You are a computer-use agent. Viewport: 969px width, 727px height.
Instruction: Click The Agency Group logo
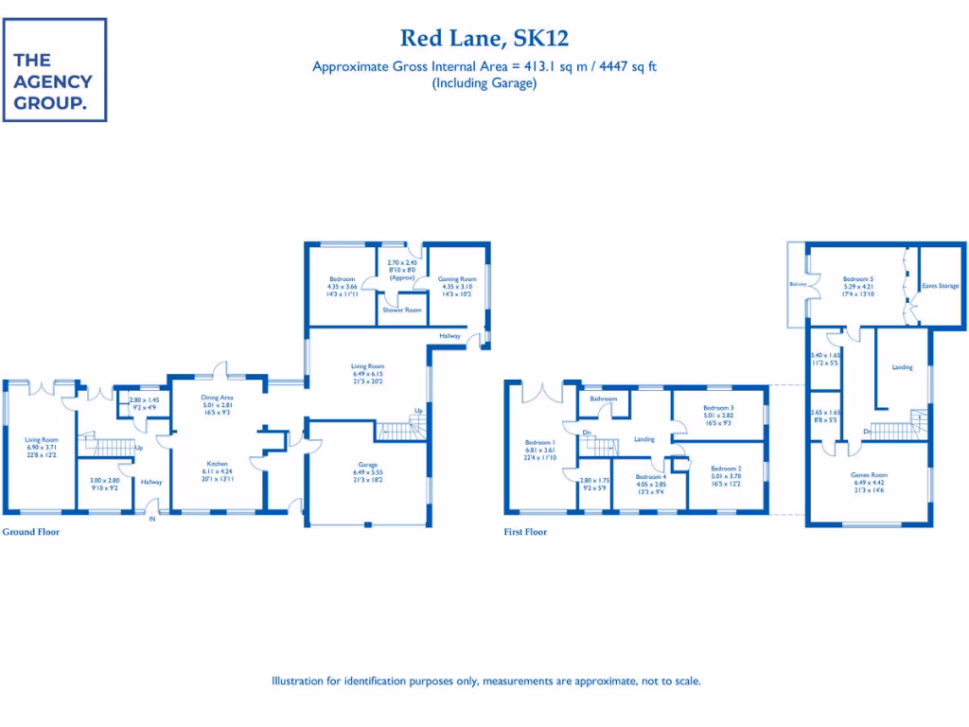point(55,70)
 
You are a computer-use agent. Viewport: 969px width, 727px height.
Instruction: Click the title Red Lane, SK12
point(484,38)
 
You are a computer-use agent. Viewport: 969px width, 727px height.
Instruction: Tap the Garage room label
point(368,465)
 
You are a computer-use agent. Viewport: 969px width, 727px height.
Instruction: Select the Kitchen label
point(218,464)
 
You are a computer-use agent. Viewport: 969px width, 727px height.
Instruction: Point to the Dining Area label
point(218,398)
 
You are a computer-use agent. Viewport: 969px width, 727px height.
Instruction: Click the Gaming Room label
point(455,278)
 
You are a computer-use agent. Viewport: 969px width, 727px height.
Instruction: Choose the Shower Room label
point(402,310)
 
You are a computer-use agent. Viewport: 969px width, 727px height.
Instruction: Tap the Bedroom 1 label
point(540,442)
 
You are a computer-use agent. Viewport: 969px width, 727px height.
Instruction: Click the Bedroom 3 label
point(719,407)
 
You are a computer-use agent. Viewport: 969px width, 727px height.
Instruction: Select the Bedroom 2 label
point(726,468)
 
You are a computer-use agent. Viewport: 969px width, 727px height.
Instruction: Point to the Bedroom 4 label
point(651,477)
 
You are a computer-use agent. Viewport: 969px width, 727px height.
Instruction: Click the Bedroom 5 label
point(858,279)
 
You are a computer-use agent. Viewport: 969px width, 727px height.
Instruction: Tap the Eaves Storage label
point(942,285)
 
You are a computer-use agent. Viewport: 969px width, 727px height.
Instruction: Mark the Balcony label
point(796,284)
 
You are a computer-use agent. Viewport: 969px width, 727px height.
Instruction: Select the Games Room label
point(869,474)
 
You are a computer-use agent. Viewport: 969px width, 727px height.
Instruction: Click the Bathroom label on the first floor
point(603,399)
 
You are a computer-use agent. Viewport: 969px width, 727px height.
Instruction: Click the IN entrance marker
point(151,518)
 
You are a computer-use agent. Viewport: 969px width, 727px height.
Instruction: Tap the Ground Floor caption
point(30,532)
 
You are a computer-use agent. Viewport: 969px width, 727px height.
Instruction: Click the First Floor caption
point(525,532)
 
